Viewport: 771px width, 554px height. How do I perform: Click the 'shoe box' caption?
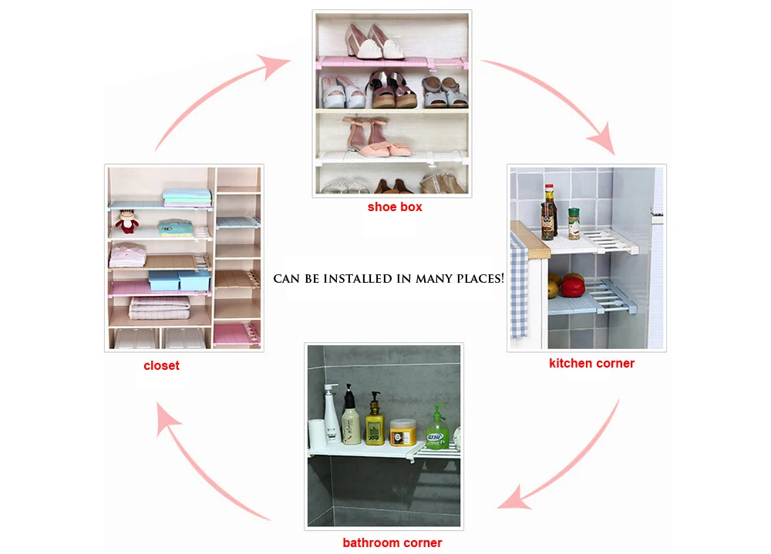[x=394, y=206]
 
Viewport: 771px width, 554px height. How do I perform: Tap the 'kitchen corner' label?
[x=591, y=363]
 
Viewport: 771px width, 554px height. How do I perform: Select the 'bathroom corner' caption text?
[x=392, y=542]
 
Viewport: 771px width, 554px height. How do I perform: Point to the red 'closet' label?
[x=161, y=365]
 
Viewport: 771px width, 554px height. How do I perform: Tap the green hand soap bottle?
[x=438, y=428]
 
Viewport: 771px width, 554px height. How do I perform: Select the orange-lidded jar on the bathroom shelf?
[x=402, y=432]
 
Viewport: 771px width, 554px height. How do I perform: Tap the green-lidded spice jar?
[x=574, y=223]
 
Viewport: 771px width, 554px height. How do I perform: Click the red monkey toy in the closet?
[x=126, y=223]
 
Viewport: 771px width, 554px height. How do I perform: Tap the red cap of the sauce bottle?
[x=548, y=187]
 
